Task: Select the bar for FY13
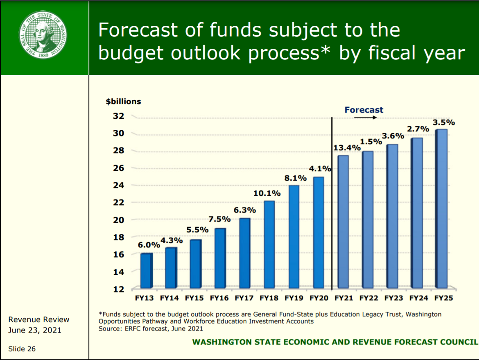[x=146, y=271]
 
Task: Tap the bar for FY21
[x=343, y=222]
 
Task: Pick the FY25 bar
[x=441, y=208]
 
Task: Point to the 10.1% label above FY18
[x=267, y=193]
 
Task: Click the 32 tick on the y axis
[x=118, y=116]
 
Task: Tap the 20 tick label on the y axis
[x=118, y=220]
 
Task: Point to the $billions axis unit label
[x=124, y=101]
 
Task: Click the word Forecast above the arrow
[x=364, y=110]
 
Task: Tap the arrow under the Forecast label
[x=365, y=118]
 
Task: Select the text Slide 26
[x=22, y=349]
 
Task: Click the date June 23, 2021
[x=35, y=330]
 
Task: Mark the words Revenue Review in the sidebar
[x=39, y=319]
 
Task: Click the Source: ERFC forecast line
[x=151, y=328]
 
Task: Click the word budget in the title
[x=131, y=53]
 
